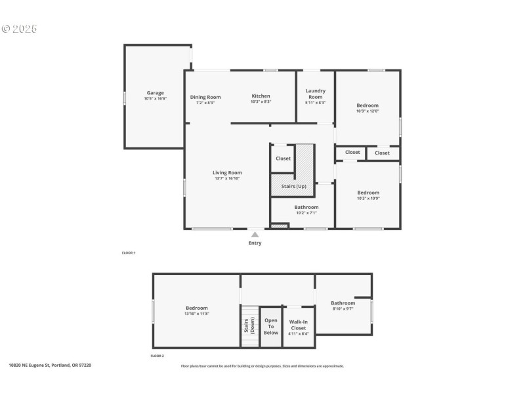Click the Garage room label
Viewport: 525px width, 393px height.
tap(156, 93)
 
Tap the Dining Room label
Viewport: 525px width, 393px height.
tap(205, 97)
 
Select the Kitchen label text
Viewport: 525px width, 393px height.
tap(261, 96)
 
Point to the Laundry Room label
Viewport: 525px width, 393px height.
tap(315, 94)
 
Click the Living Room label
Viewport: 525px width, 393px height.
tap(228, 173)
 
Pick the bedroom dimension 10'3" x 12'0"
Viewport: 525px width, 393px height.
tap(367, 111)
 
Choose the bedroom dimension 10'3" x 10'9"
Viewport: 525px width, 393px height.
tap(367, 198)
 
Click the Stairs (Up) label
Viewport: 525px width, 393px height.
tap(293, 187)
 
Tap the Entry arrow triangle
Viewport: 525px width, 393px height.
tap(255, 234)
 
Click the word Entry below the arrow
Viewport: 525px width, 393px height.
tap(255, 243)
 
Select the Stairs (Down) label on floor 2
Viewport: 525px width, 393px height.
tap(249, 326)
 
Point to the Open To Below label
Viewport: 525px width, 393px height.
tap(271, 326)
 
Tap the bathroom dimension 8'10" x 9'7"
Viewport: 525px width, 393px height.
tap(343, 309)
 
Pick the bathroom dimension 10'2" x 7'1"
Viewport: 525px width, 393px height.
tap(306, 213)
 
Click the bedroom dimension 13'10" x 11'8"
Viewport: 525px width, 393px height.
tap(196, 314)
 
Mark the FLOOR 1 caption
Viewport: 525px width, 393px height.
tap(129, 253)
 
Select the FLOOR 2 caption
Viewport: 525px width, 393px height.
tap(157, 356)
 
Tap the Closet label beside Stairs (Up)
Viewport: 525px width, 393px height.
tap(283, 159)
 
